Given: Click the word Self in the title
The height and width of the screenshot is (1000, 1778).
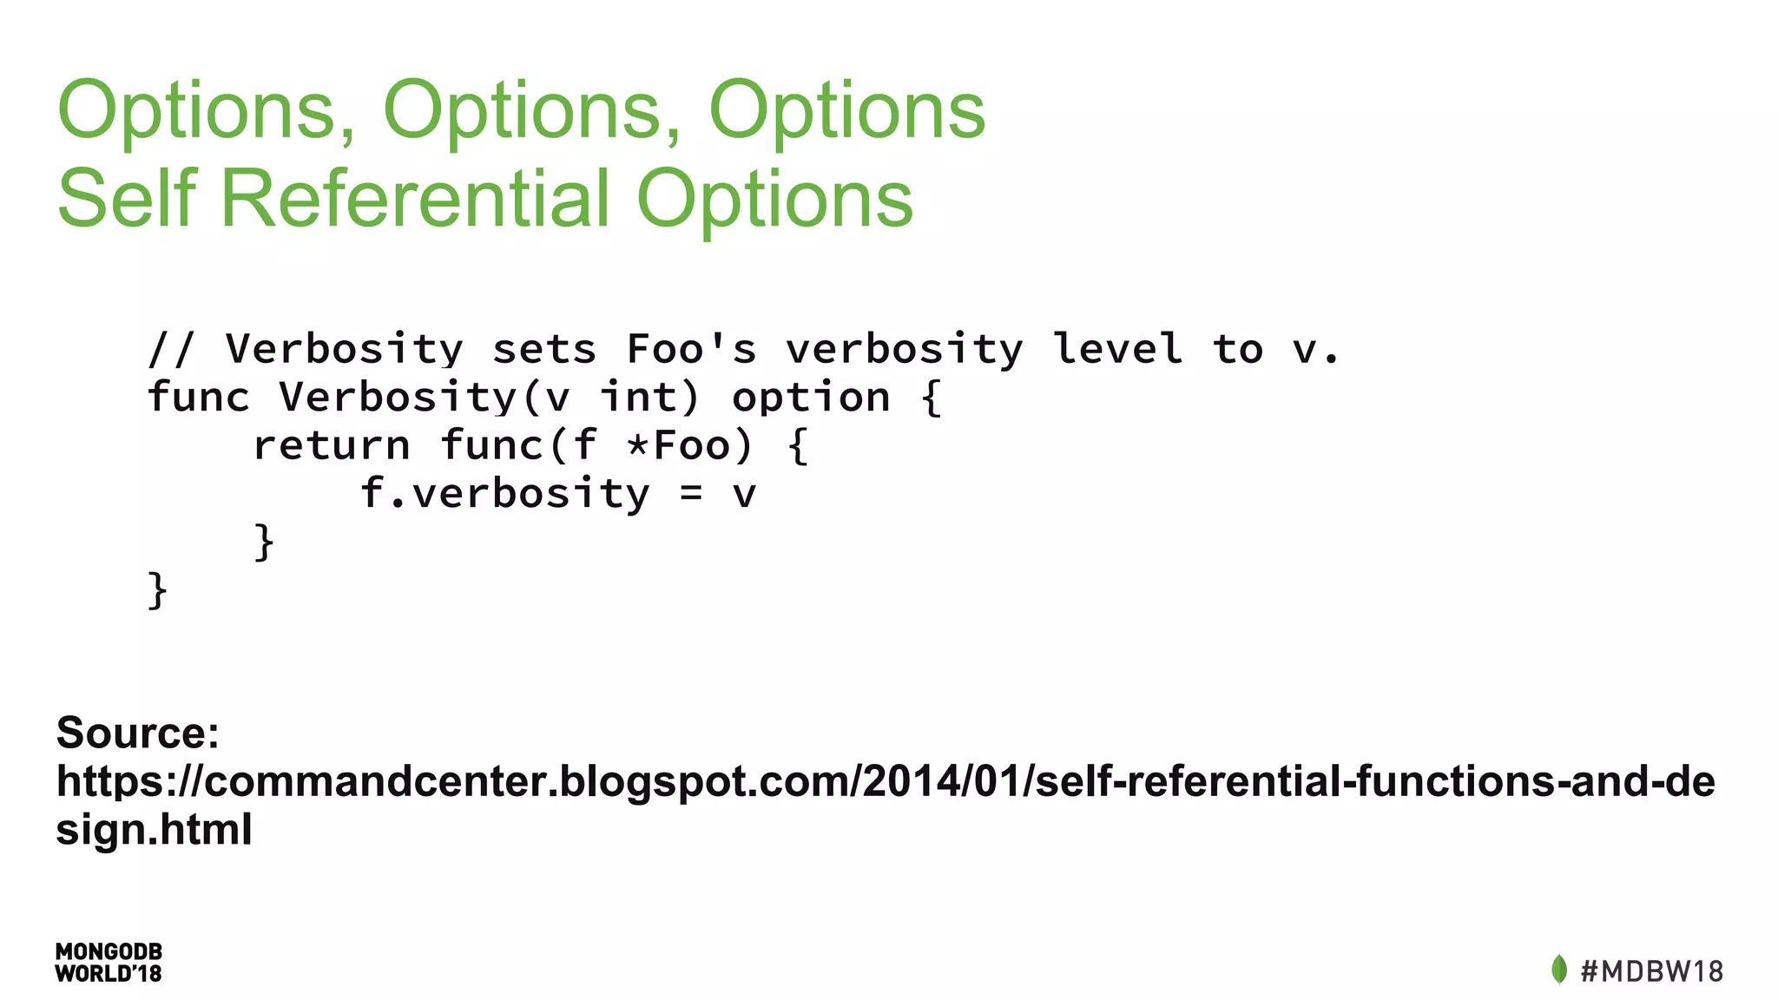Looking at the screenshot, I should (127, 199).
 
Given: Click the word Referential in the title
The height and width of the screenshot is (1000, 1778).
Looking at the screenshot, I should (416, 199).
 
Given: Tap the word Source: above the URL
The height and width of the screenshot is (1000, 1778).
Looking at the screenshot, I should (138, 733).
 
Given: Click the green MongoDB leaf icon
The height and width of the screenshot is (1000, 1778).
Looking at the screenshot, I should (1558, 970).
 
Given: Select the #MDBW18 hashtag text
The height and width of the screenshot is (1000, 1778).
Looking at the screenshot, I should (1651, 970).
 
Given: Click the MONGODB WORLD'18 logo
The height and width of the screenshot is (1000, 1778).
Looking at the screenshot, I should (109, 963).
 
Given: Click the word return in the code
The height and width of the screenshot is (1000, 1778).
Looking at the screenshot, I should (331, 445).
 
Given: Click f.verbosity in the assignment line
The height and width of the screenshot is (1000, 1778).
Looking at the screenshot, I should (504, 494).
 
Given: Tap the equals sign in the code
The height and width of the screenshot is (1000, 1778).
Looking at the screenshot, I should (690, 495).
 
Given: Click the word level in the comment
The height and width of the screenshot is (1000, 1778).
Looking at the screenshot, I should (1116, 349).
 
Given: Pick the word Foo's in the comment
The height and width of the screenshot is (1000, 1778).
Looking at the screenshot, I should (691, 349).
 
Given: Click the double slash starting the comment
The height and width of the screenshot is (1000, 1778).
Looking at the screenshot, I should (172, 349).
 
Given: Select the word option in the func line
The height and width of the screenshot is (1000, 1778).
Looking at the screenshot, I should (811, 398).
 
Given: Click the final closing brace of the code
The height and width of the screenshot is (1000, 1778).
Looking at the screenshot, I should (157, 590).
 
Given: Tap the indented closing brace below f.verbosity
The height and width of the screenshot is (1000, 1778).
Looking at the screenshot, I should (264, 543).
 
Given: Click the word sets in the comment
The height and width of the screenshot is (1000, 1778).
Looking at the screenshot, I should (544, 349).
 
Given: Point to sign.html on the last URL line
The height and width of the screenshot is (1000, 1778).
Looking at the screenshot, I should (154, 829).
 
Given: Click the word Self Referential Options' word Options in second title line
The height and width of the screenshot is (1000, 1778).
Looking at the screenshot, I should (774, 199).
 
